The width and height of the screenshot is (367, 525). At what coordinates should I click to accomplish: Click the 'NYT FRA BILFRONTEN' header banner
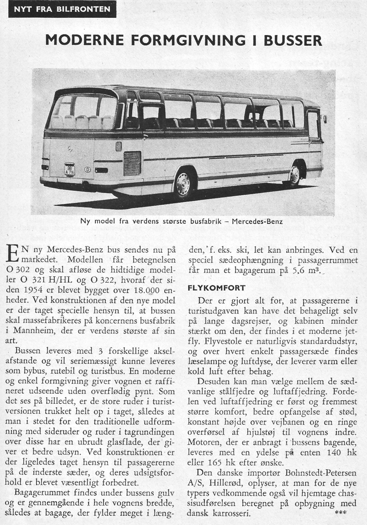[x=62, y=9]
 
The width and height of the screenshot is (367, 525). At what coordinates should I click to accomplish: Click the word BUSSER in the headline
[x=293, y=40]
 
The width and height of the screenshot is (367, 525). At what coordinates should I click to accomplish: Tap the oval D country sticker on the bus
[x=87, y=170]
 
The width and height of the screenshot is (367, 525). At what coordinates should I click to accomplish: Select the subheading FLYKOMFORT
[x=216, y=288]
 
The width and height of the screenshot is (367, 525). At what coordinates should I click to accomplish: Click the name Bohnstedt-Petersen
[x=321, y=473]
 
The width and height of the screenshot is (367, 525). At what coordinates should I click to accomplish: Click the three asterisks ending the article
[x=340, y=513]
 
